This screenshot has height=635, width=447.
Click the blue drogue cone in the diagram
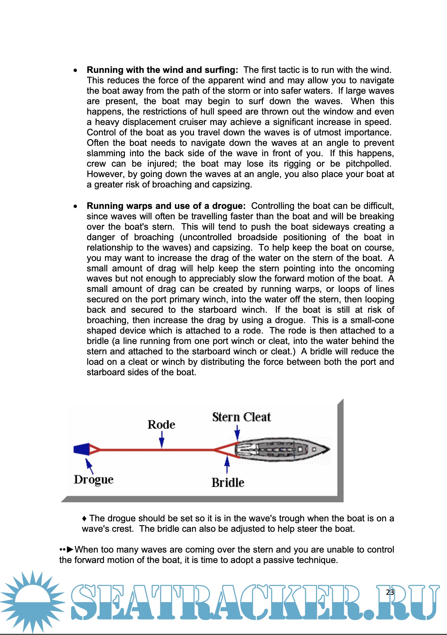(81, 449)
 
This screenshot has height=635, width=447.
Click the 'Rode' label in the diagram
(161, 425)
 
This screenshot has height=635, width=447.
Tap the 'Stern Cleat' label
(241, 417)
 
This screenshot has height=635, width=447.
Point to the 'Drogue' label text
(94, 480)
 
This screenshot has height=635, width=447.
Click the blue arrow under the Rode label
(162, 440)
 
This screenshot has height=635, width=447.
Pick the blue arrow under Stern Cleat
(237, 432)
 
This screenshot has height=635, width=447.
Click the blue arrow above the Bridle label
(227, 465)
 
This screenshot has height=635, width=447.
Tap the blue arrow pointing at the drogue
(89, 466)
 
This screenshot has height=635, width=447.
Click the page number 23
(390, 592)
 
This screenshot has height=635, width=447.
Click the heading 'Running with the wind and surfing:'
(162, 70)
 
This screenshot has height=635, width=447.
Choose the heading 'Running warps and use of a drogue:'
(166, 206)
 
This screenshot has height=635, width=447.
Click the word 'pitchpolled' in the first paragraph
(368, 164)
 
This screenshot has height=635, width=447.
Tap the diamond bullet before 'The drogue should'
(84, 519)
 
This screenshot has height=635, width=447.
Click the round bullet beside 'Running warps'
(76, 206)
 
